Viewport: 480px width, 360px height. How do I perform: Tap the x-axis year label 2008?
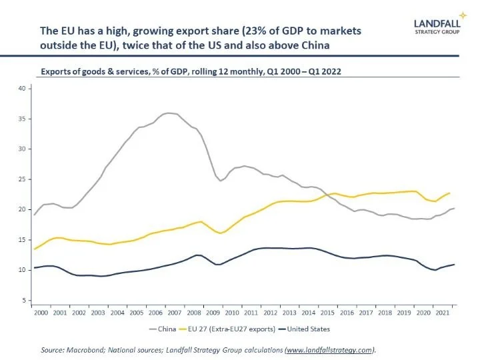(x=194, y=312)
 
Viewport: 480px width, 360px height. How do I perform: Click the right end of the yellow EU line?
(x=449, y=193)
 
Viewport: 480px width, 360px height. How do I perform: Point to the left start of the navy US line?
(x=35, y=268)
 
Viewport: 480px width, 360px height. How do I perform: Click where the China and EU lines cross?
(x=325, y=195)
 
